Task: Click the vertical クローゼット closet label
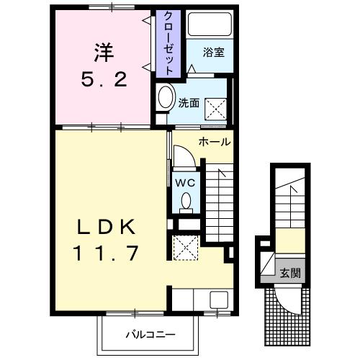(168, 43)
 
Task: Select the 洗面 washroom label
(189, 102)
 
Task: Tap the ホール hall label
(214, 142)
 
